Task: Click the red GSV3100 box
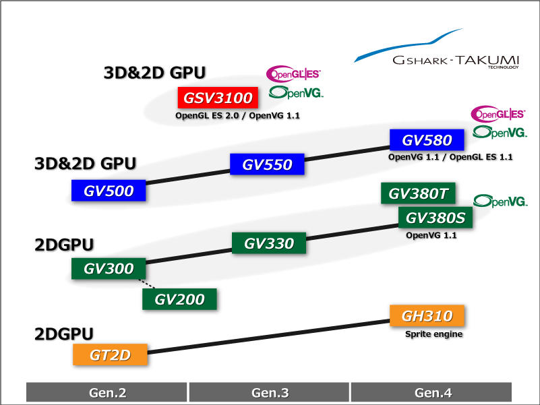218,98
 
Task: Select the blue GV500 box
109,190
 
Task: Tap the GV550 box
267,164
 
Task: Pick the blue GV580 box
427,139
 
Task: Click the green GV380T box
418,193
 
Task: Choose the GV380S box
436,217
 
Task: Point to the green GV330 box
268,243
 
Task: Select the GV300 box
109,268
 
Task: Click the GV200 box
179,299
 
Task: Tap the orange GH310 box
427,315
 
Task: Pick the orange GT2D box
110,354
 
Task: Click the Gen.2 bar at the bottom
107,392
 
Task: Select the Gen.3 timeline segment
269,392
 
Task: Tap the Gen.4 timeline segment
431,392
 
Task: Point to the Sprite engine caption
433,334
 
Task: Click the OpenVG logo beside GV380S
500,201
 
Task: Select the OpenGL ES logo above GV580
498,114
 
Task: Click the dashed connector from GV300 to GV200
147,284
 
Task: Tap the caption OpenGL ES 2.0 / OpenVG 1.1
237,115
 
